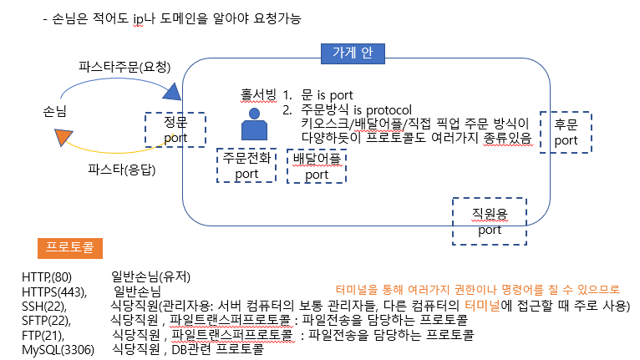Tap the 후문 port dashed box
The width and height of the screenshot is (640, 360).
click(566, 132)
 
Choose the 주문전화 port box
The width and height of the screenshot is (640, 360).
click(246, 165)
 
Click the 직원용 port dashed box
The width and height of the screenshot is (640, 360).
click(490, 221)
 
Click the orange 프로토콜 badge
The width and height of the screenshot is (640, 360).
click(69, 248)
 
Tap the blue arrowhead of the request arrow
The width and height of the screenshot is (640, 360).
click(171, 90)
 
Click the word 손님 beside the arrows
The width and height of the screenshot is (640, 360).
click(55, 109)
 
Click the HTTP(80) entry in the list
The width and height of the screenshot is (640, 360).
click(47, 276)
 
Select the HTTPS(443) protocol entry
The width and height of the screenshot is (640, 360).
click(52, 292)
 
